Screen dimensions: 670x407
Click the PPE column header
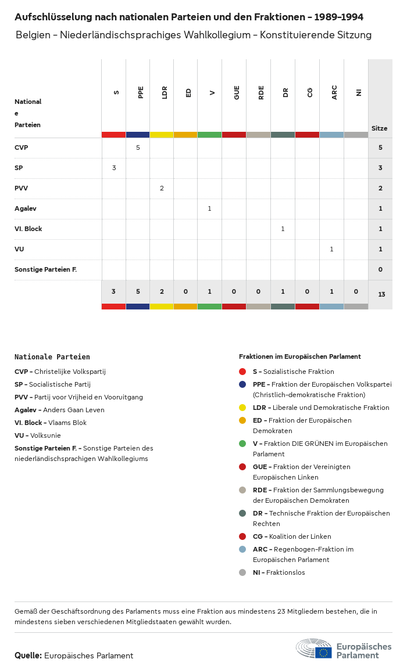tap(141, 92)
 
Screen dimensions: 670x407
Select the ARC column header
tap(334, 92)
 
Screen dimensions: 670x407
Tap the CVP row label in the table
tap(22, 147)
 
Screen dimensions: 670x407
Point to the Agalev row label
tap(26, 208)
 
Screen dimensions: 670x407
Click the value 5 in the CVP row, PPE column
tap(138, 147)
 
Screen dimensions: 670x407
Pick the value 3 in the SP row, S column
tap(114, 168)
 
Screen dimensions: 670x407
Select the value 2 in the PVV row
tap(162, 188)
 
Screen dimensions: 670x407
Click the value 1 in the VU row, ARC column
tap(331, 249)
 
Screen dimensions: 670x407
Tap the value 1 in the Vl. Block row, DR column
tap(283, 229)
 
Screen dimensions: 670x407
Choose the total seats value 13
tap(381, 294)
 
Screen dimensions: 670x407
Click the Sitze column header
tap(379, 128)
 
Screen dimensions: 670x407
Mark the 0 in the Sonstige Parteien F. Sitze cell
tap(380, 269)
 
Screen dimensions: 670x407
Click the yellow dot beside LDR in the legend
tap(242, 408)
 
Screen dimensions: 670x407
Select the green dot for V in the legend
tap(242, 444)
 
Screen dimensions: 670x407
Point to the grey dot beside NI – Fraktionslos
tap(242, 572)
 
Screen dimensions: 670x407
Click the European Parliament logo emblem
tap(315, 649)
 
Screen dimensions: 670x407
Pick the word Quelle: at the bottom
tap(28, 655)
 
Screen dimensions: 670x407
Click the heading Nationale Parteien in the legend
tap(52, 357)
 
